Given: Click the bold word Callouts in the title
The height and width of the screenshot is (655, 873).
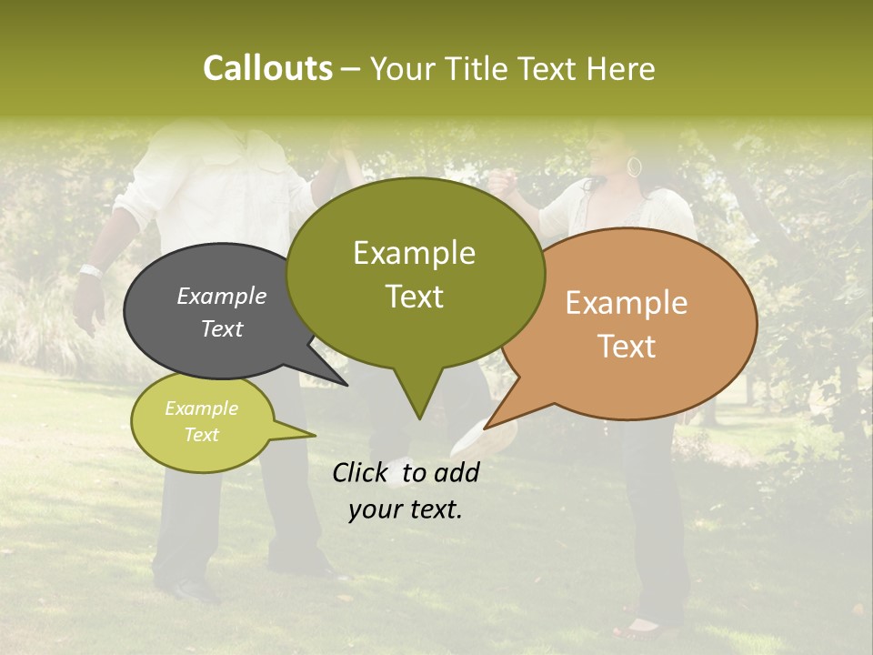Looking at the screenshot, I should coord(267,68).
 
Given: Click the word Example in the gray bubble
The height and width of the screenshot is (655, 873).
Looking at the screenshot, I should coord(222,296).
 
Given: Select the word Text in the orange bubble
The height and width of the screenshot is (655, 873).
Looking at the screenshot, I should coord(627,347).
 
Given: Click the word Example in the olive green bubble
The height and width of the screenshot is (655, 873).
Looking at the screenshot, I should coord(414,252).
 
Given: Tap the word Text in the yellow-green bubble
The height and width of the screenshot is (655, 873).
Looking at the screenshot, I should coord(202,435).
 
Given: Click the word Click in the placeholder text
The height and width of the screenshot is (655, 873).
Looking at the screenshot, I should coord(362,472).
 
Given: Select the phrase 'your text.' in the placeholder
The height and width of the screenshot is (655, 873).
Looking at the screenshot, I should coord(406,510).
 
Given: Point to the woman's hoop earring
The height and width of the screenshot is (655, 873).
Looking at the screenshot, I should coord(634,167).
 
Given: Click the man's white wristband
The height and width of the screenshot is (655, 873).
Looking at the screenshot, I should coord(89,270).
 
